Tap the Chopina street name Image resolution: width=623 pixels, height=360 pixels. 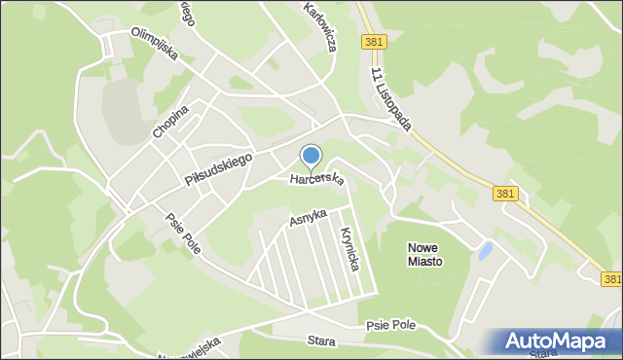[169, 121]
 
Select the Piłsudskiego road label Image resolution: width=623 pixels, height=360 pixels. [218, 168]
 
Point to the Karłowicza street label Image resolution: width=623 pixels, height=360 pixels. [319, 26]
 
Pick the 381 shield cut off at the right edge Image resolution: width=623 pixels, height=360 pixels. [611, 279]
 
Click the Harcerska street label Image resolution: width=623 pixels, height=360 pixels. [316, 180]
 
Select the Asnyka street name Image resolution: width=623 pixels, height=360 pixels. [307, 220]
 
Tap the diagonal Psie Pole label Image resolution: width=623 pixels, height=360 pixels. [182, 234]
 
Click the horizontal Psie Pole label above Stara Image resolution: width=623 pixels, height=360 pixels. [392, 325]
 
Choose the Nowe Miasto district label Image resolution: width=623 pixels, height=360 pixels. [424, 254]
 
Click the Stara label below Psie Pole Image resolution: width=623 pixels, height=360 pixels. [320, 342]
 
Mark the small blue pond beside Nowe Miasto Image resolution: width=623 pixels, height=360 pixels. [484, 252]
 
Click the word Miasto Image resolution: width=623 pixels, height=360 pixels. [424, 261]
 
